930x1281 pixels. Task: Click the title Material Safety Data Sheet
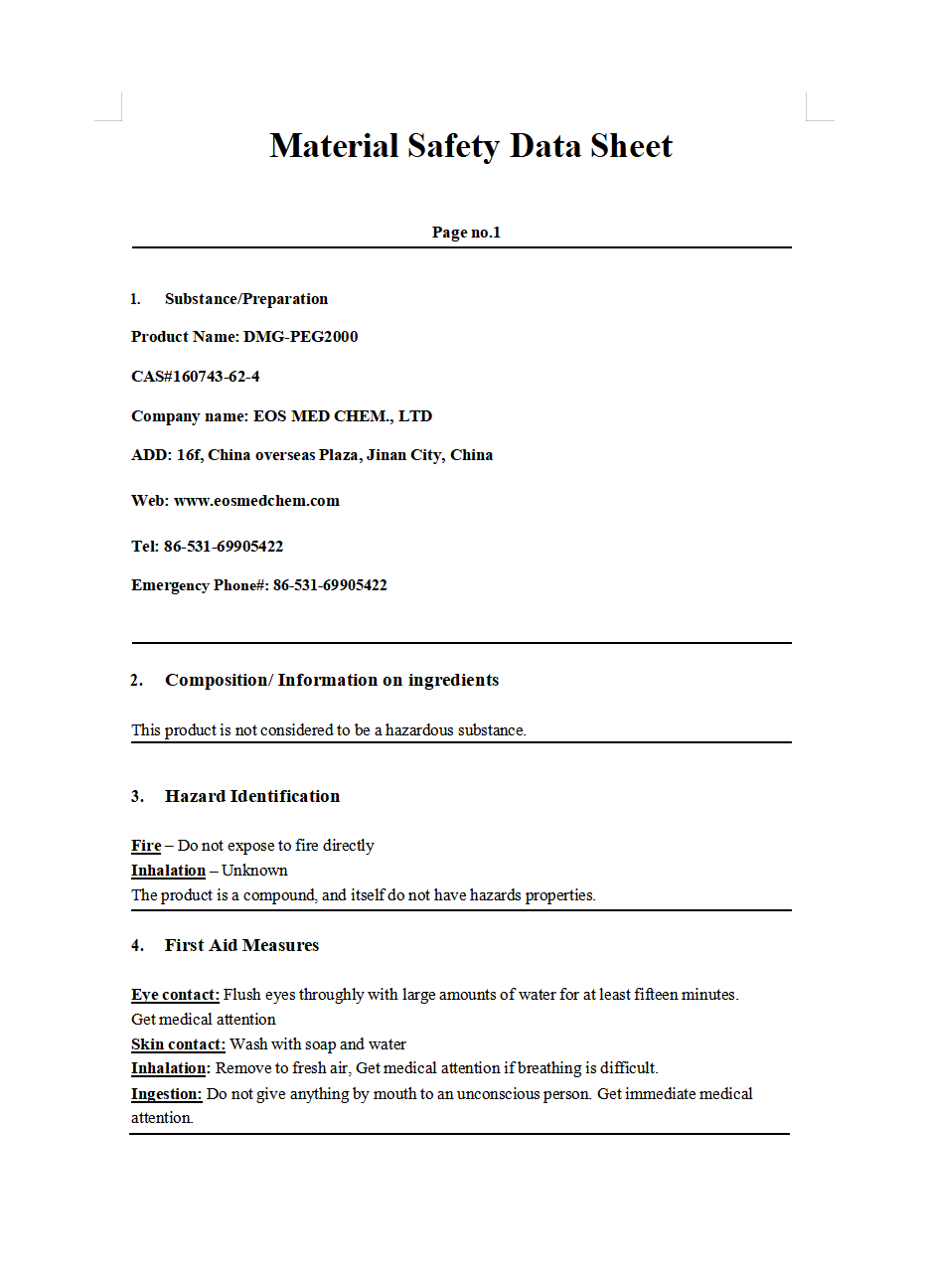[x=471, y=146]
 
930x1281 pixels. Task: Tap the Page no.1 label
[x=466, y=233]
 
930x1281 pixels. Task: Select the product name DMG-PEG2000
[x=300, y=337]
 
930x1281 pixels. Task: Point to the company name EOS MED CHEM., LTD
[x=343, y=416]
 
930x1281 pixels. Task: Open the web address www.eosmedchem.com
[x=256, y=501]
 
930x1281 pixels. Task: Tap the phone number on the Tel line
[x=224, y=547]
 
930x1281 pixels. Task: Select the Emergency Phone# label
[x=200, y=585]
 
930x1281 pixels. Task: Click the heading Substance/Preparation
[x=245, y=299]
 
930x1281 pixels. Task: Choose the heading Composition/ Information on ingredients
[x=332, y=680]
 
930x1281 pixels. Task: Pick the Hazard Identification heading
[x=252, y=796]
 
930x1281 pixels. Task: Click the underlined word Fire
[x=146, y=846]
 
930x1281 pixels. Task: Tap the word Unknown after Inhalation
[x=254, y=871]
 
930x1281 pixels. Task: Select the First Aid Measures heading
[x=241, y=945]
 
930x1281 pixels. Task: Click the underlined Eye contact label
[x=175, y=995]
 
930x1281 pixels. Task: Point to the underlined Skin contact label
[x=178, y=1044]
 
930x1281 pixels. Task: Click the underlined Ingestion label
[x=166, y=1094]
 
